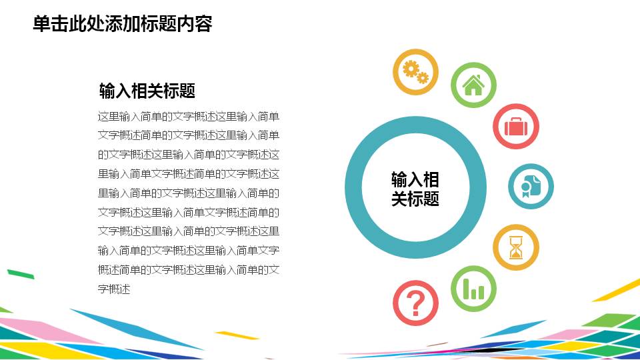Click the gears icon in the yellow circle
tap(415, 72)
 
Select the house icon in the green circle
tap(473, 85)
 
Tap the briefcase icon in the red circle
tap(516, 126)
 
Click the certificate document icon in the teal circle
tap(531, 186)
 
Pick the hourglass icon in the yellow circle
tap(516, 247)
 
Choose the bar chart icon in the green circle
tap(473, 289)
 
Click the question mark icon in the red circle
tap(416, 303)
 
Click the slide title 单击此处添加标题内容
tap(123, 24)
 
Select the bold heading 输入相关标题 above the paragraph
tap(147, 90)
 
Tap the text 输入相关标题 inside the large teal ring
tap(415, 189)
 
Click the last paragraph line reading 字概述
tap(113, 289)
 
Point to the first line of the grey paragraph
tap(189, 116)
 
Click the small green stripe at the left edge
tap(20, 273)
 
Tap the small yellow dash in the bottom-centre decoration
tap(237, 335)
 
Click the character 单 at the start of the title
tap(41, 24)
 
